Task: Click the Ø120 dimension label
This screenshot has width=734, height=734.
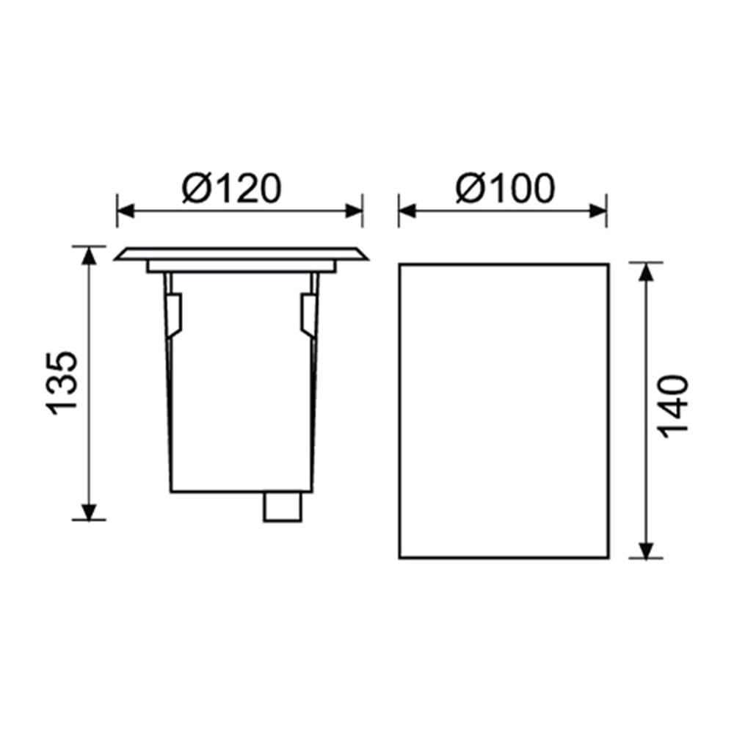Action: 232,188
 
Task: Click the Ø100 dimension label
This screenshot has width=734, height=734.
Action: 505,188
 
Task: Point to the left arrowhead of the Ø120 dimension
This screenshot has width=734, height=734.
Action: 126,211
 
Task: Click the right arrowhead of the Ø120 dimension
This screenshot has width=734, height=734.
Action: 354,211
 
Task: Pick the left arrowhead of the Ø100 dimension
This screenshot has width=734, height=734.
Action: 407,211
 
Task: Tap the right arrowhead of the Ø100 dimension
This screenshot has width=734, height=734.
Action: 597,211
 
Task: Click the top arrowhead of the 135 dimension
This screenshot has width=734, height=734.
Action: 89,255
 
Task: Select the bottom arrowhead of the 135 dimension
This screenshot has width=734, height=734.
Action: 89,511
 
